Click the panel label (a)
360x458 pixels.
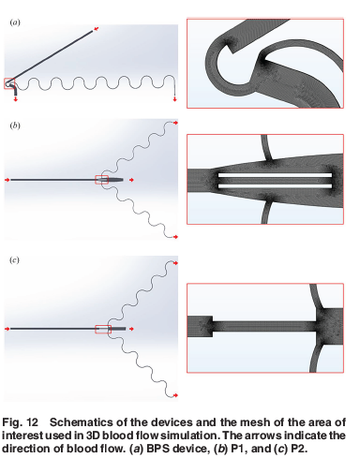coord(15,22)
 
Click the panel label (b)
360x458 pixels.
coord(15,126)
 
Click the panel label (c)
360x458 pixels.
coord(14,259)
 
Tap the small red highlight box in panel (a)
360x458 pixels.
coord(9,83)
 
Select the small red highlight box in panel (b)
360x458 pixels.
coord(102,180)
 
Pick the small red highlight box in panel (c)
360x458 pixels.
coord(103,329)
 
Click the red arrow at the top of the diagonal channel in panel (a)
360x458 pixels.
coord(97,29)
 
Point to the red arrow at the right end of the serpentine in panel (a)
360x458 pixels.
coord(174,99)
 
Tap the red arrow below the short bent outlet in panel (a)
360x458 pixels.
coord(15,99)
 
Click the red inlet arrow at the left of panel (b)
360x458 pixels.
coord(7,180)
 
